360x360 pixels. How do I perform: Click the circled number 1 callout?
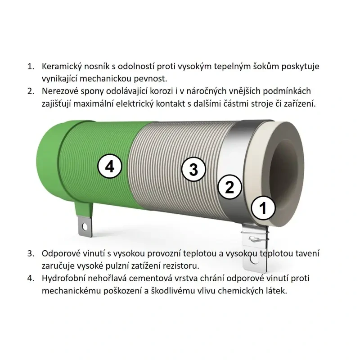point(263,208)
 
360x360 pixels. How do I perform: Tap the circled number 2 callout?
point(229,187)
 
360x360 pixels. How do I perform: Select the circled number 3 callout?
point(193,170)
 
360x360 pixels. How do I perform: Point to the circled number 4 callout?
point(110,166)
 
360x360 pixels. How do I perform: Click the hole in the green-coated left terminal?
point(85,227)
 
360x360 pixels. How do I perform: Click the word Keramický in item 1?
point(61,66)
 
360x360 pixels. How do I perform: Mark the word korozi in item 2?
point(161,91)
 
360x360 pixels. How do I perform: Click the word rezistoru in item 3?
point(181,266)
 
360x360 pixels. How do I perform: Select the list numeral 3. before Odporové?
point(31,254)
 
